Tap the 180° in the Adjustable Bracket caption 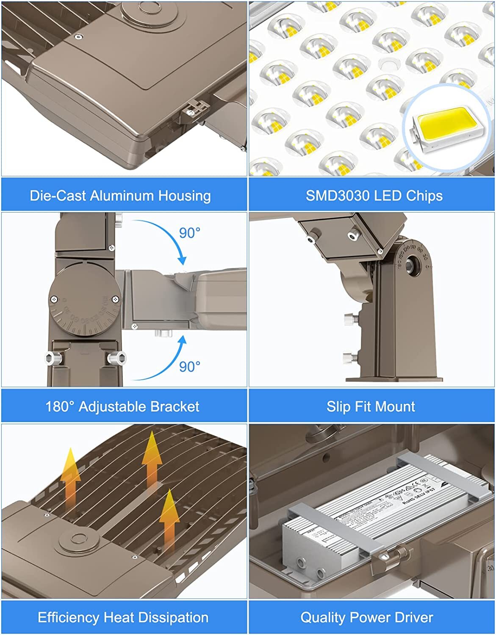coord(60,406)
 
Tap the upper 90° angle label coord(189,233)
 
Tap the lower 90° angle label coord(189,366)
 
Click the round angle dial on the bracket coord(84,299)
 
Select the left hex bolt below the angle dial coord(54,359)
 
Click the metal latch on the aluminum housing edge coord(193,108)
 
